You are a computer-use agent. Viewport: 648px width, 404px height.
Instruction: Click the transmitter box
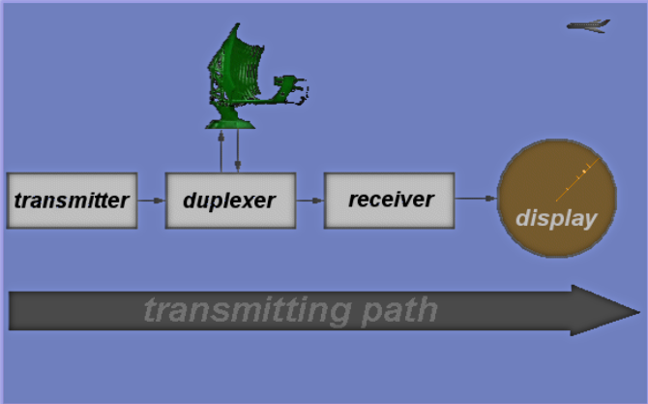72,201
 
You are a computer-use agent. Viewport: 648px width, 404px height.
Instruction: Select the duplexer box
229,201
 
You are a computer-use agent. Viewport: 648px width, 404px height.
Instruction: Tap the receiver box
389,201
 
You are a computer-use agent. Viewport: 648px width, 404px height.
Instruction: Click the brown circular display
556,200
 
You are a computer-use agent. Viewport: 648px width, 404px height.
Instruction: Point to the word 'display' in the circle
556,218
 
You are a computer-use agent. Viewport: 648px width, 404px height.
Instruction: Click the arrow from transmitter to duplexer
151,201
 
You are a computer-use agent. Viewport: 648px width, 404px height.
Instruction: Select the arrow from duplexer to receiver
309,201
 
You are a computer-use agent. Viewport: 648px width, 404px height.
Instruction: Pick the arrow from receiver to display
476,199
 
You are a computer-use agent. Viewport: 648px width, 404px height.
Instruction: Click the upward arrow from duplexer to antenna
221,150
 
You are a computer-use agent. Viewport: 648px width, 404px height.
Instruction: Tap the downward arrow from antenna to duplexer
238,150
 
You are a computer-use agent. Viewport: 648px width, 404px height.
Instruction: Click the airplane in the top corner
589,25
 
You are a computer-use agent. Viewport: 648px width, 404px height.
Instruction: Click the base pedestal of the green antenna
229,118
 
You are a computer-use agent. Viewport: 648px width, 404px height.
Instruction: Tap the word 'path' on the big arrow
396,311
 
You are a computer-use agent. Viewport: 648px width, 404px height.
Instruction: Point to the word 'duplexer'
229,202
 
